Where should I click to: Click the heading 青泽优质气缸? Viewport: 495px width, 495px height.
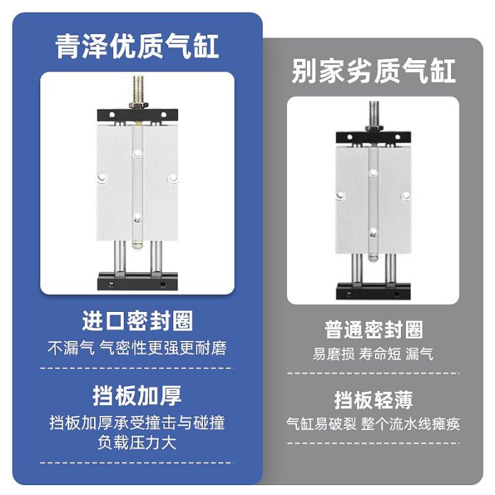coord(137,47)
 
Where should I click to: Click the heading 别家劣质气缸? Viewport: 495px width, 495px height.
coord(373,71)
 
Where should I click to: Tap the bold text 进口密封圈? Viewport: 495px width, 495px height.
coord(137,321)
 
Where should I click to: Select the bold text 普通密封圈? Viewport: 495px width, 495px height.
coord(373,330)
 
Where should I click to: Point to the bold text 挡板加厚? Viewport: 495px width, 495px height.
coord(137,395)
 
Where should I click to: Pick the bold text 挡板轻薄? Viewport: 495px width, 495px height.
coord(373,400)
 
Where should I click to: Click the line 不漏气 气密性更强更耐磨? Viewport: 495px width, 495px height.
coord(137,348)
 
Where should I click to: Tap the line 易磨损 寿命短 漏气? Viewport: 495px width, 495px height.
coord(373,354)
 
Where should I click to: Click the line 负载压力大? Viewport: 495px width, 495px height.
coord(137,442)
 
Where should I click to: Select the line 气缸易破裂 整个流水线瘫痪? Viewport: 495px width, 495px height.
coord(373,424)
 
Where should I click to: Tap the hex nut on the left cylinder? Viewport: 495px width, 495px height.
coord(139,105)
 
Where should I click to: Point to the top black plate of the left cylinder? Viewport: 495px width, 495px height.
coord(137,115)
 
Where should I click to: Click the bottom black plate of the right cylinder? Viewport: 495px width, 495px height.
coord(373,291)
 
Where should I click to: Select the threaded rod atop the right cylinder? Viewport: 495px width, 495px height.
coord(374,113)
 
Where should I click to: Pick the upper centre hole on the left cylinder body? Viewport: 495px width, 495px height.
coord(137,153)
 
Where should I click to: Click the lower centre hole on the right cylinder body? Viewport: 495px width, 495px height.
coord(373,233)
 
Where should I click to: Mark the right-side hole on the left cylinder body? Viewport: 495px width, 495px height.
coord(173,178)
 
